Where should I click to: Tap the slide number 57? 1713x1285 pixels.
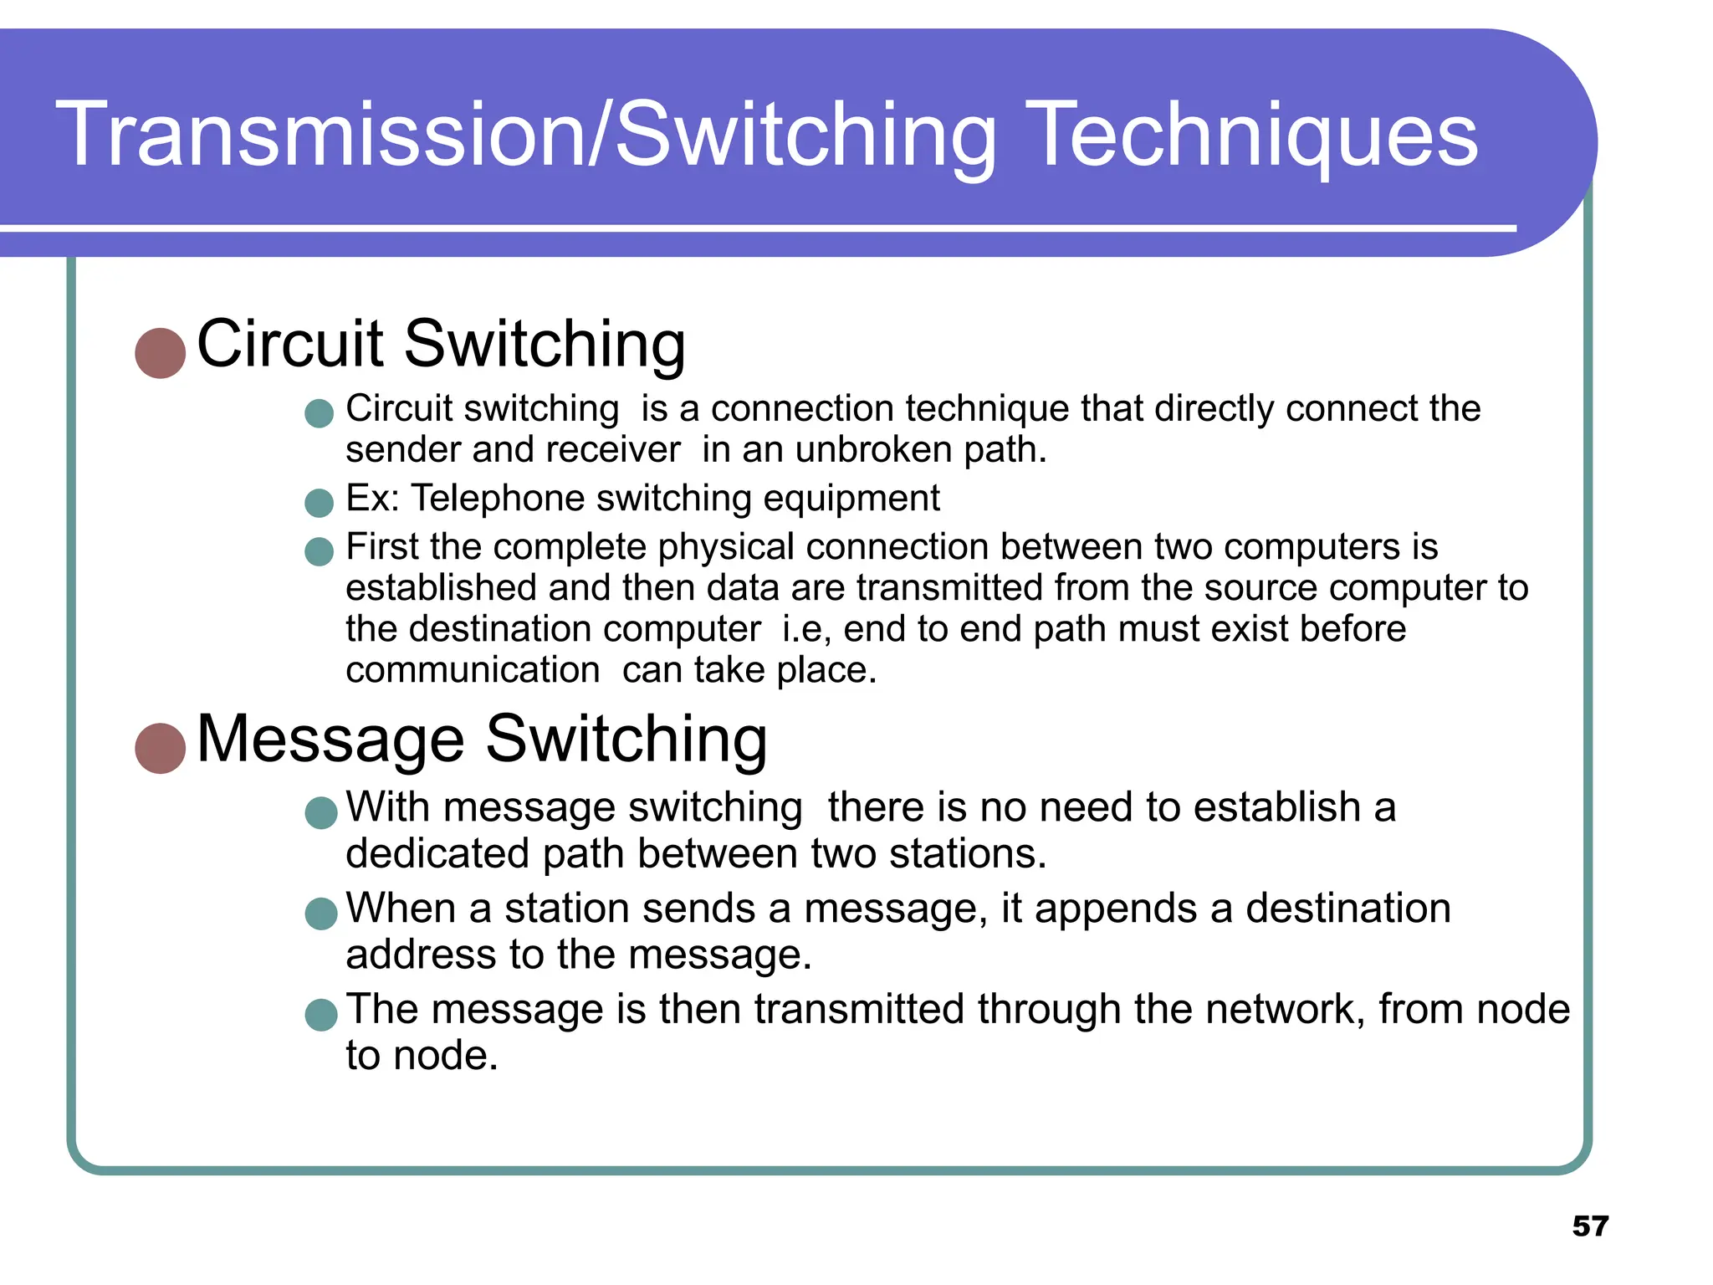pos(1590,1226)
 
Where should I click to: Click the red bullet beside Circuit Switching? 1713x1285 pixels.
pos(160,353)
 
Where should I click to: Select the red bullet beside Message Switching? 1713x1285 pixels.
pos(160,748)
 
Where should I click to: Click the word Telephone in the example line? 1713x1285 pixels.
pos(499,499)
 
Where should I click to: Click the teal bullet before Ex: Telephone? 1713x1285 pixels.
pos(319,503)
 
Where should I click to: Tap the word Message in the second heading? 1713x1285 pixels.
pos(330,740)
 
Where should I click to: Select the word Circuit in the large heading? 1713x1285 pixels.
pos(289,344)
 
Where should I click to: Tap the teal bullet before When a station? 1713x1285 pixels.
pos(321,914)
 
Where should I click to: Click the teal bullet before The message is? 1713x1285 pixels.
pos(321,1014)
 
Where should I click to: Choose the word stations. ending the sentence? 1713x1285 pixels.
pos(967,854)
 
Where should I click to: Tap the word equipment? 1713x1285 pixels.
pos(851,499)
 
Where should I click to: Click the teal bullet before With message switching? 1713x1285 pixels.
pos(321,812)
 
